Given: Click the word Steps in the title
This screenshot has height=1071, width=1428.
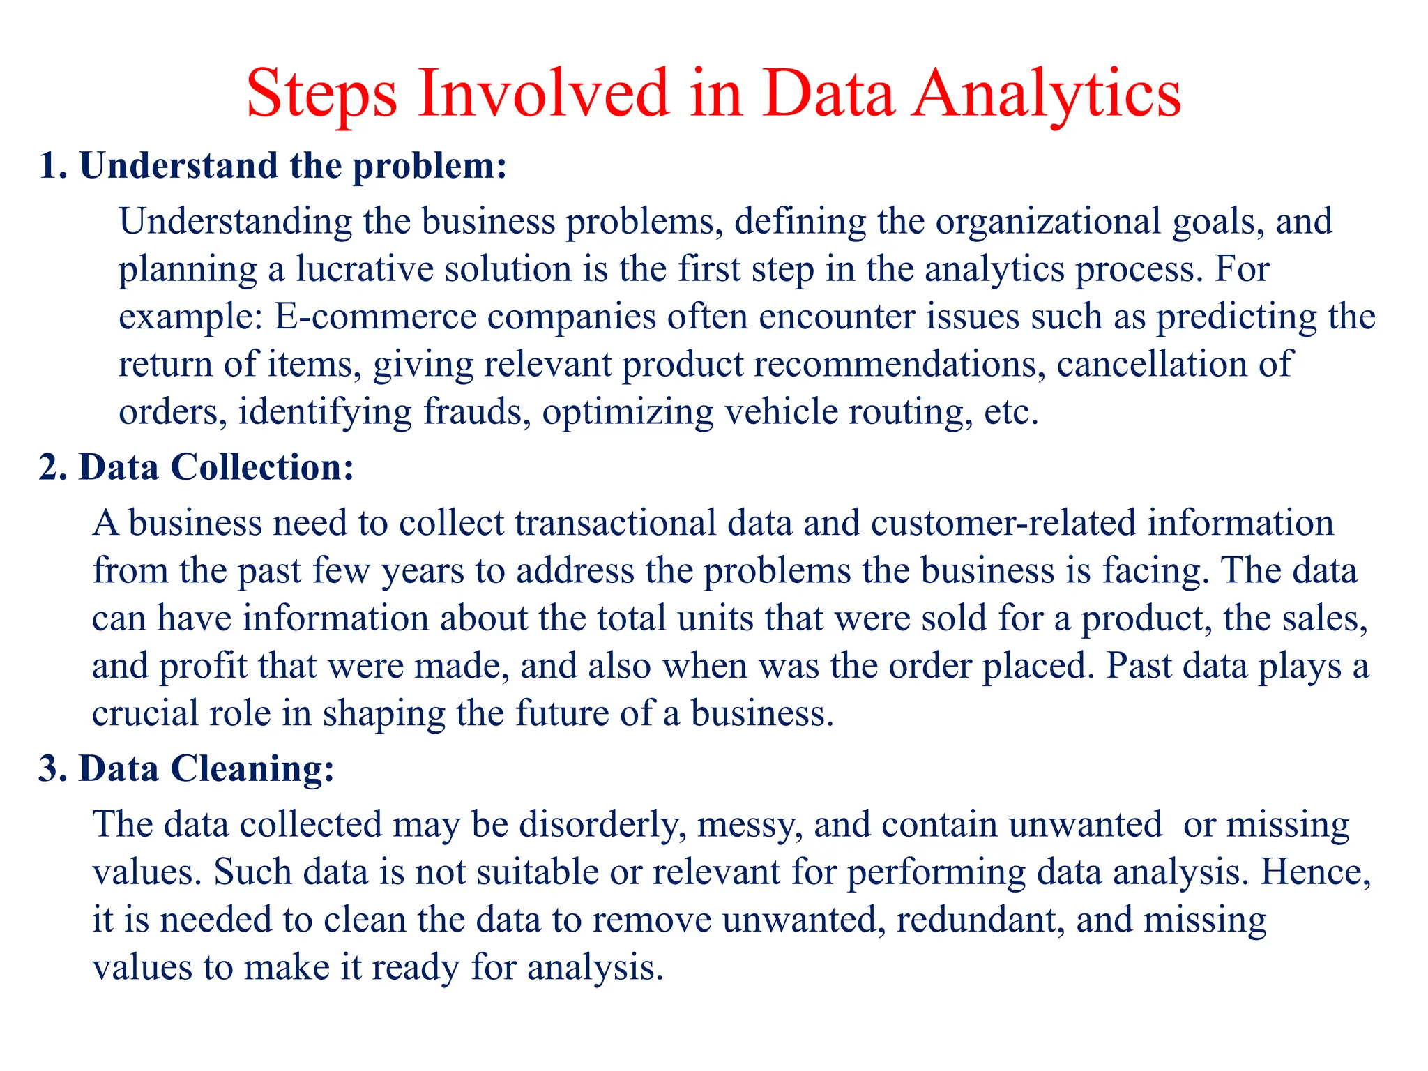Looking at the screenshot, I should coord(321,94).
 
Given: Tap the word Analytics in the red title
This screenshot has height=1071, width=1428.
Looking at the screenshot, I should coord(1047,94).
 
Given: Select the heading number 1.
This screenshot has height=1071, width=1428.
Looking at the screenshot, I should coord(52,166).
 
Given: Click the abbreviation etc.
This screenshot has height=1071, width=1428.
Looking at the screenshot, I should coord(1010,412).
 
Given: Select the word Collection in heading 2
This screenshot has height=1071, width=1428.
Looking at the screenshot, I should coord(262,467).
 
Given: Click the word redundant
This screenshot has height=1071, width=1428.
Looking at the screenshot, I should coord(980,920).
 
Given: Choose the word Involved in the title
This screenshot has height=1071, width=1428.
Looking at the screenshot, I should coord(545,94).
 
